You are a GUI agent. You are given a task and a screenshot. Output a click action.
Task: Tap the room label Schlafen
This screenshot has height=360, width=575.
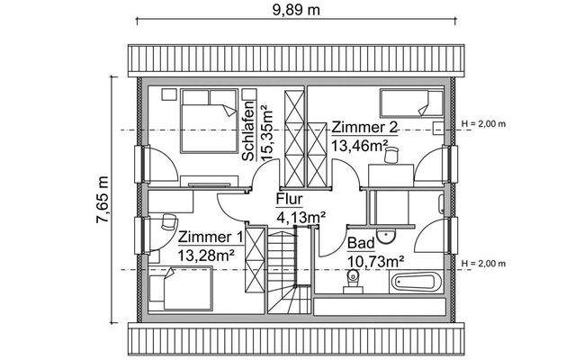[x=247, y=131]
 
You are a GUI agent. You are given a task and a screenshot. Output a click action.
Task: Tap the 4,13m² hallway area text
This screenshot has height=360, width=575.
[x=300, y=216]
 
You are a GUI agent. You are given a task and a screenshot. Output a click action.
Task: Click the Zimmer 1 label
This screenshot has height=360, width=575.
[x=210, y=238]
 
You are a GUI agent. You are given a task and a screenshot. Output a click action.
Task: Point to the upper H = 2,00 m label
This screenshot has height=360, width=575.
[x=483, y=123]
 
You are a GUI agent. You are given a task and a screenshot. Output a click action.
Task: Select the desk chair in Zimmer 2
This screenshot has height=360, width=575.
[x=390, y=157]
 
